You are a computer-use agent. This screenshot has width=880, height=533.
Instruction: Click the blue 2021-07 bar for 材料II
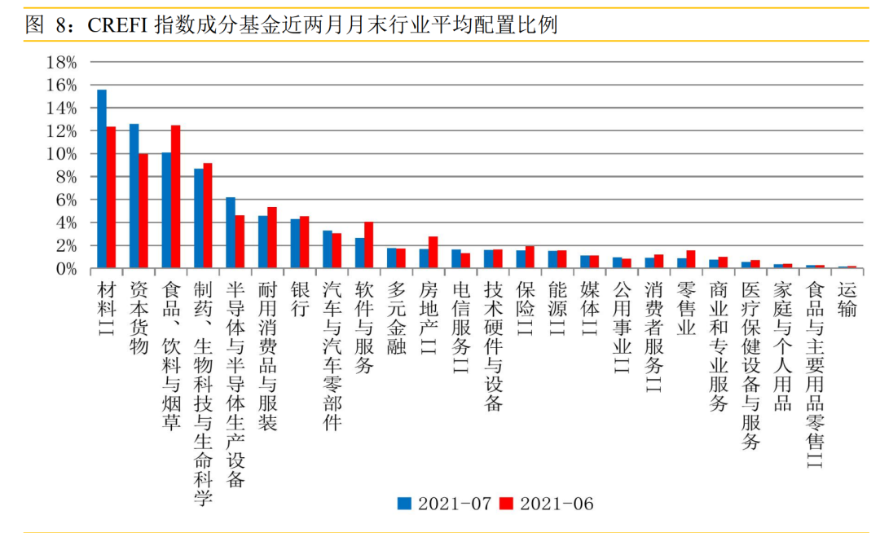click(102, 178)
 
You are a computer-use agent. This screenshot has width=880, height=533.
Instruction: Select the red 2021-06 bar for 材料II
click(111, 197)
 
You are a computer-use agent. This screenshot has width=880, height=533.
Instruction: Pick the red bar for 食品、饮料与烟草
click(175, 196)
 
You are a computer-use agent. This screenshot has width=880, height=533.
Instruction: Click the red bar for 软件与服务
click(368, 244)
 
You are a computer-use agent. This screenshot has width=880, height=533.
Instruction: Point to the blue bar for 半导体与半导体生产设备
click(231, 232)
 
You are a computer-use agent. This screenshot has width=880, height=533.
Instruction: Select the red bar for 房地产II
click(433, 252)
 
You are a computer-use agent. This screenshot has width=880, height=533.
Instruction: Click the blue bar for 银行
click(295, 243)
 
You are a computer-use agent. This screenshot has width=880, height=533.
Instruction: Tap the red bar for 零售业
click(690, 259)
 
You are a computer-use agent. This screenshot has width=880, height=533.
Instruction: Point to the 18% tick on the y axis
click(62, 63)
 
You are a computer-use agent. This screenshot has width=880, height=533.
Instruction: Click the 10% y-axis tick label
click(62, 154)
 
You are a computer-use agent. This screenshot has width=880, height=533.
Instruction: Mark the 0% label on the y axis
click(66, 268)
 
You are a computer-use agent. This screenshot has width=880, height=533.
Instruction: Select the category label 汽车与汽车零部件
click(332, 355)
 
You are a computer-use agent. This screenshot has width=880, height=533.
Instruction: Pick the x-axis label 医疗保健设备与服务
click(750, 364)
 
